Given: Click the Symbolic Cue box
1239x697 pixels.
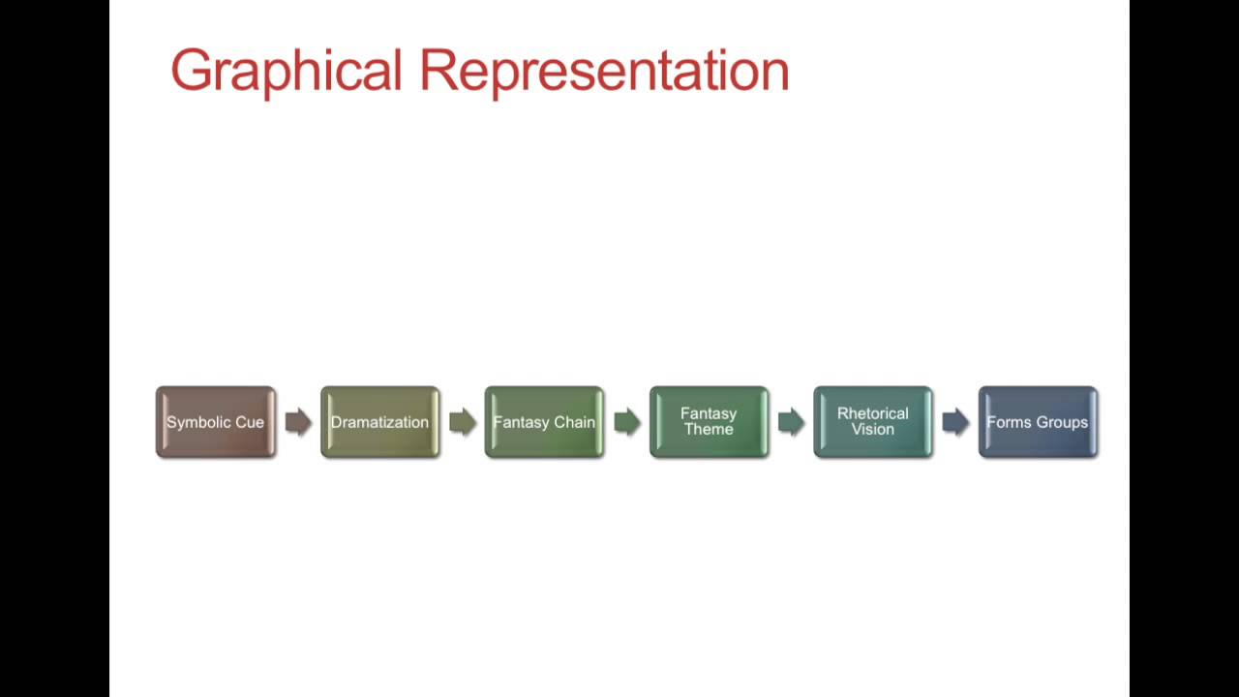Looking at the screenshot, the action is [215, 422].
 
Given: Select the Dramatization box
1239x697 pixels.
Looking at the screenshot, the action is [379, 422].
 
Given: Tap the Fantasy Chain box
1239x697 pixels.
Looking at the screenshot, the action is [544, 422].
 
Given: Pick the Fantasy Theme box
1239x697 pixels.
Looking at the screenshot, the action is [709, 422].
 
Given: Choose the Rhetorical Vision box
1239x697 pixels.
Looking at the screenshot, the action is [873, 422].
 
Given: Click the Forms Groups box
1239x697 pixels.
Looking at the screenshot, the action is [1038, 422].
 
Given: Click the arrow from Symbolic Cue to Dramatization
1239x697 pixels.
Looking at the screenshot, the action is [298, 422].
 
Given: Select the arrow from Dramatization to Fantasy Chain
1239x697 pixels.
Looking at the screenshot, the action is [463, 422].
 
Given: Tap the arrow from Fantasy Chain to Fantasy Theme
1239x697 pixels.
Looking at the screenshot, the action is [627, 422].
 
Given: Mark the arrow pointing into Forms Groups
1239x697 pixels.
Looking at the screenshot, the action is [955, 422].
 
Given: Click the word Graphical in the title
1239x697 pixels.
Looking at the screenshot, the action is [286, 72].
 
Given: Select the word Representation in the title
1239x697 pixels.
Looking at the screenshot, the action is [604, 72].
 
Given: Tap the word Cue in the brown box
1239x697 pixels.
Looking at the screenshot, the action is [250, 423].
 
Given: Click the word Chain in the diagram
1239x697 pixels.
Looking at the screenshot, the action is [576, 423].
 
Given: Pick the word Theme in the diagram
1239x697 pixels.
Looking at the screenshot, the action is [709, 430].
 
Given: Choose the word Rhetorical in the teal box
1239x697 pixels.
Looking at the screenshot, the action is [873, 414].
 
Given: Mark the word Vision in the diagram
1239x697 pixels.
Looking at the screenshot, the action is [873, 430].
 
